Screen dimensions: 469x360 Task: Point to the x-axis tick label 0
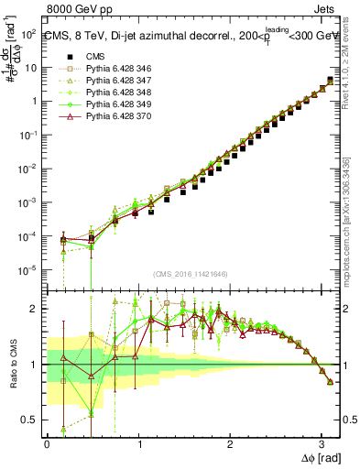click(x=47, y=443)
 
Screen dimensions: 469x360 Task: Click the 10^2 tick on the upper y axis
click(x=30, y=34)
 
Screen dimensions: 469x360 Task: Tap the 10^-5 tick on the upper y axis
click(x=30, y=270)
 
